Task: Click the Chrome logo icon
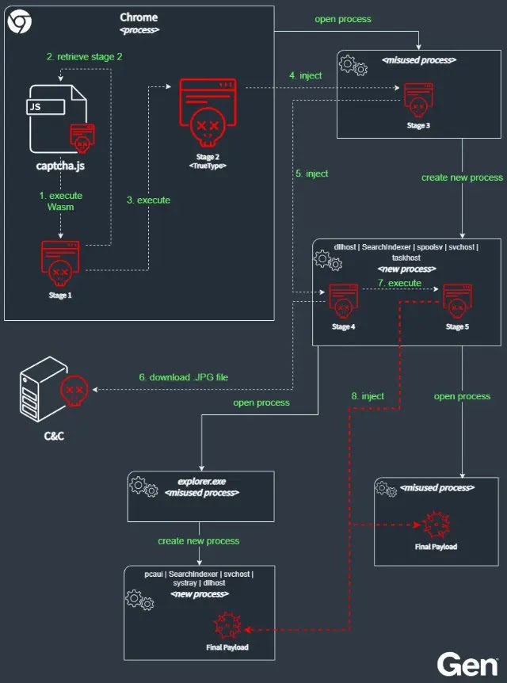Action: click(x=20, y=21)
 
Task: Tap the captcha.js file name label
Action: click(x=60, y=166)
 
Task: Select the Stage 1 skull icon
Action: click(x=60, y=265)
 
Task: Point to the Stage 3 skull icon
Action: click(x=418, y=101)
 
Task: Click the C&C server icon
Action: click(x=54, y=389)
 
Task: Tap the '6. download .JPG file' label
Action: click(x=183, y=377)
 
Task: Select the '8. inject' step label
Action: click(x=368, y=396)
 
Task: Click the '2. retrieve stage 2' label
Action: click(x=85, y=56)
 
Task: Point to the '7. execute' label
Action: click(x=399, y=283)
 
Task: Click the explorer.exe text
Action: click(x=202, y=482)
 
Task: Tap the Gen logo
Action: click(x=467, y=665)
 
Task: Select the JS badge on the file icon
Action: click(x=46, y=107)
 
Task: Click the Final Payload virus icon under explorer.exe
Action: click(x=227, y=625)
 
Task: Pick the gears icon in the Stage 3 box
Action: click(x=353, y=66)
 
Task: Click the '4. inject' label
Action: click(x=306, y=75)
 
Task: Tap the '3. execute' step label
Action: click(x=148, y=200)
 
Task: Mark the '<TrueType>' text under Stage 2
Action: click(x=208, y=166)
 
